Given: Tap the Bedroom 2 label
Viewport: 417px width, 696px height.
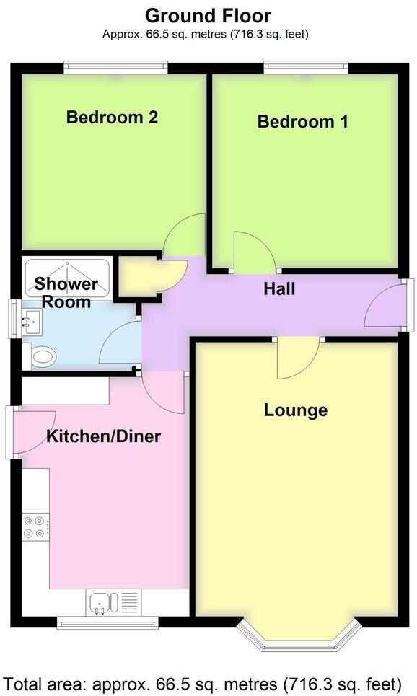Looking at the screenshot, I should coord(112,117).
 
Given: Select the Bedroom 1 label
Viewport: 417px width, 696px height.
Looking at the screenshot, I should coord(302,121).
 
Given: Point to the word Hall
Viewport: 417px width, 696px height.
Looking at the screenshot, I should coord(279,289).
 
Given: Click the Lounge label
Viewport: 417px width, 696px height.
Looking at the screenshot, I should coord(295,410).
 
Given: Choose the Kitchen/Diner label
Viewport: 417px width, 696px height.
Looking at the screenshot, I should coord(103,436).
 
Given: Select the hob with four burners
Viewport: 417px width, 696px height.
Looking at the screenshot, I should coord(35,527).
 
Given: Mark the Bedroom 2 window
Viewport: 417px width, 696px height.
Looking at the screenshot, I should coord(115,68).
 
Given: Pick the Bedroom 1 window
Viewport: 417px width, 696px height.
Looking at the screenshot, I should coord(306,68).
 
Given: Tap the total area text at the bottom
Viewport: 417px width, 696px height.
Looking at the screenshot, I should coord(203,682).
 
